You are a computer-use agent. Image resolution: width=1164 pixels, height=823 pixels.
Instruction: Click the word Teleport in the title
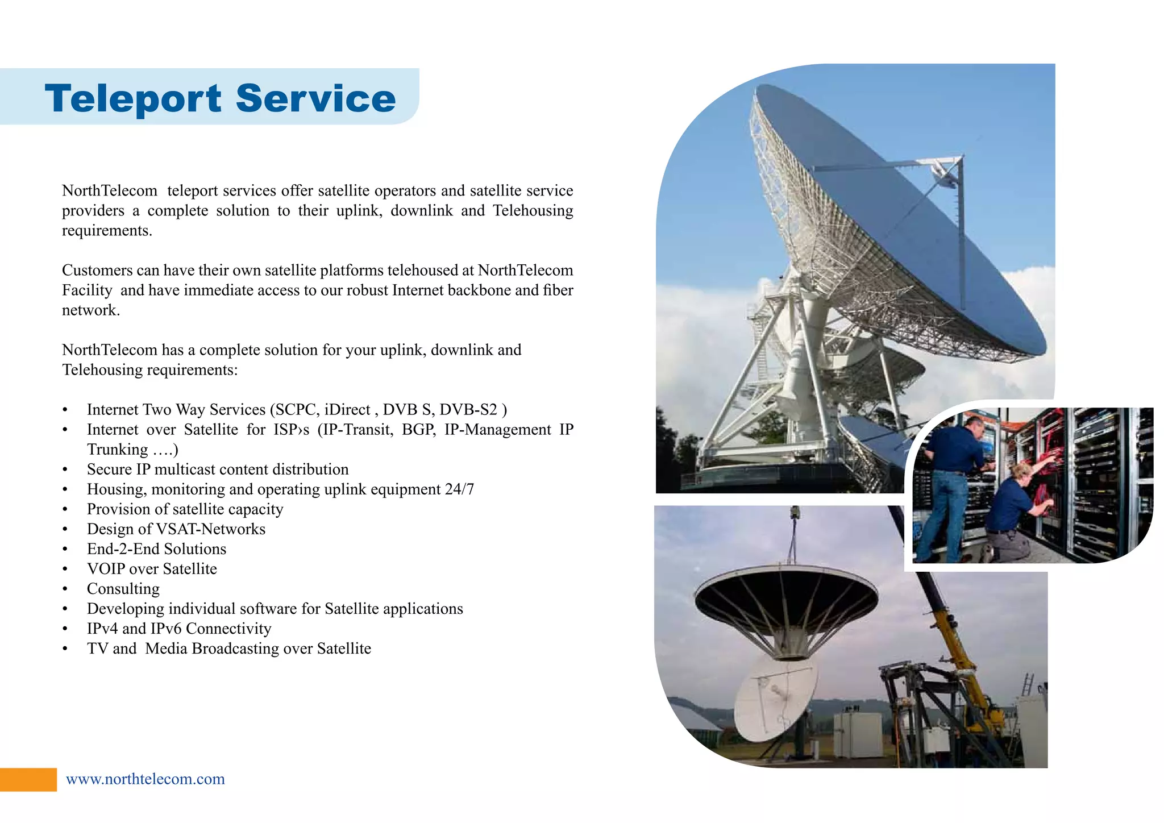[133, 99]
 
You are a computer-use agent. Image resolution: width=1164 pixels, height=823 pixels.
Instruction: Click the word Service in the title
[315, 99]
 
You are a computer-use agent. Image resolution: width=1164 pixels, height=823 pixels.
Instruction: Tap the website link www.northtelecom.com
[145, 779]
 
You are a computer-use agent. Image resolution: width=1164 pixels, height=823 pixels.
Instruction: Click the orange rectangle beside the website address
[28, 779]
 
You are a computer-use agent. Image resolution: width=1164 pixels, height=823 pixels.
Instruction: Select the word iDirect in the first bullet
[347, 410]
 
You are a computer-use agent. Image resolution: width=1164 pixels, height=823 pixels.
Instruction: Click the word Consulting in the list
[123, 589]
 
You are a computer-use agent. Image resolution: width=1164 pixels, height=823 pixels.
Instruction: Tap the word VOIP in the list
[106, 569]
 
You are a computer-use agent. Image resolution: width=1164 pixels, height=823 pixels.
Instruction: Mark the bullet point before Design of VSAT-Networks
[65, 530]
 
